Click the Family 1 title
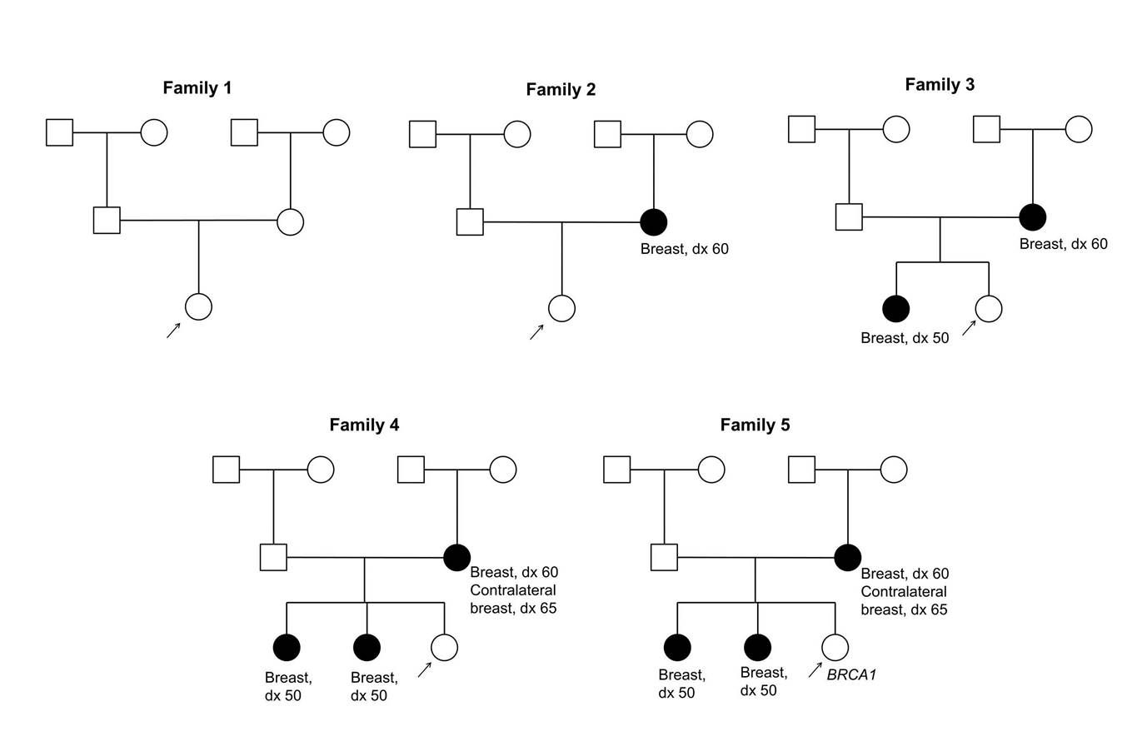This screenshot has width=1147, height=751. point(197,87)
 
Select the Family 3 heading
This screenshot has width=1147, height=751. point(940,84)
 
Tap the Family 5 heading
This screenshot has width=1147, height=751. point(755,425)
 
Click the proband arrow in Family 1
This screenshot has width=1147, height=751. point(173,331)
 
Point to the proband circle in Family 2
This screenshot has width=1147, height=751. point(561,308)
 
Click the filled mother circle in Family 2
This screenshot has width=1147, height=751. point(653,222)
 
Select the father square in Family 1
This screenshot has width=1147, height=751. point(107,220)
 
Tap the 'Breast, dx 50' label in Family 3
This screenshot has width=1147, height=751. point(905,338)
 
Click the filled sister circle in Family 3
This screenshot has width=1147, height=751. point(896,309)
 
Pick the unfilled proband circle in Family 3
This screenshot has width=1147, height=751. point(988,309)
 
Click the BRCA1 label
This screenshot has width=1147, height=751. point(851,674)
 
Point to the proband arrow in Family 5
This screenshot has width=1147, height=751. point(815,670)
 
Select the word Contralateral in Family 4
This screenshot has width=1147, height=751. point(512,589)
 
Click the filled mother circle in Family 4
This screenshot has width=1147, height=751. point(456,558)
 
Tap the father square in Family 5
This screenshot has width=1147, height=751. point(664,557)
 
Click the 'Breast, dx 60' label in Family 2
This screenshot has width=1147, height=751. point(684,249)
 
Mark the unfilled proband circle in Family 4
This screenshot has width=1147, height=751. point(444,647)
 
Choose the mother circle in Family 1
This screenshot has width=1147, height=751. point(291,222)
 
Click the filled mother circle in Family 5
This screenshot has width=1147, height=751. point(847,558)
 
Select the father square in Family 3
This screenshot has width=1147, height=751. point(849,217)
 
